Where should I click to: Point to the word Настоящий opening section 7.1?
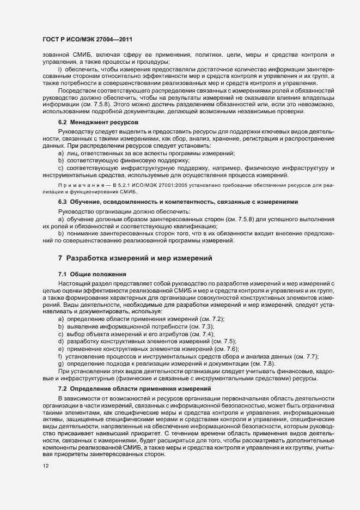pos(75,283)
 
